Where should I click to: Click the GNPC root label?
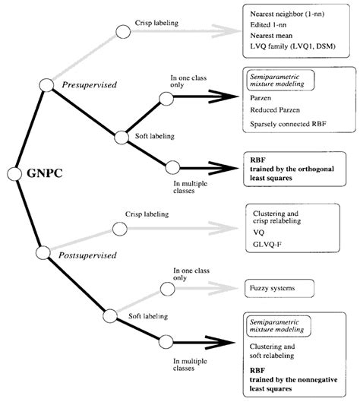(45, 173)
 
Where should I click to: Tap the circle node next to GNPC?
(14, 174)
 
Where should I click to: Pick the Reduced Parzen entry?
(276, 109)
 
